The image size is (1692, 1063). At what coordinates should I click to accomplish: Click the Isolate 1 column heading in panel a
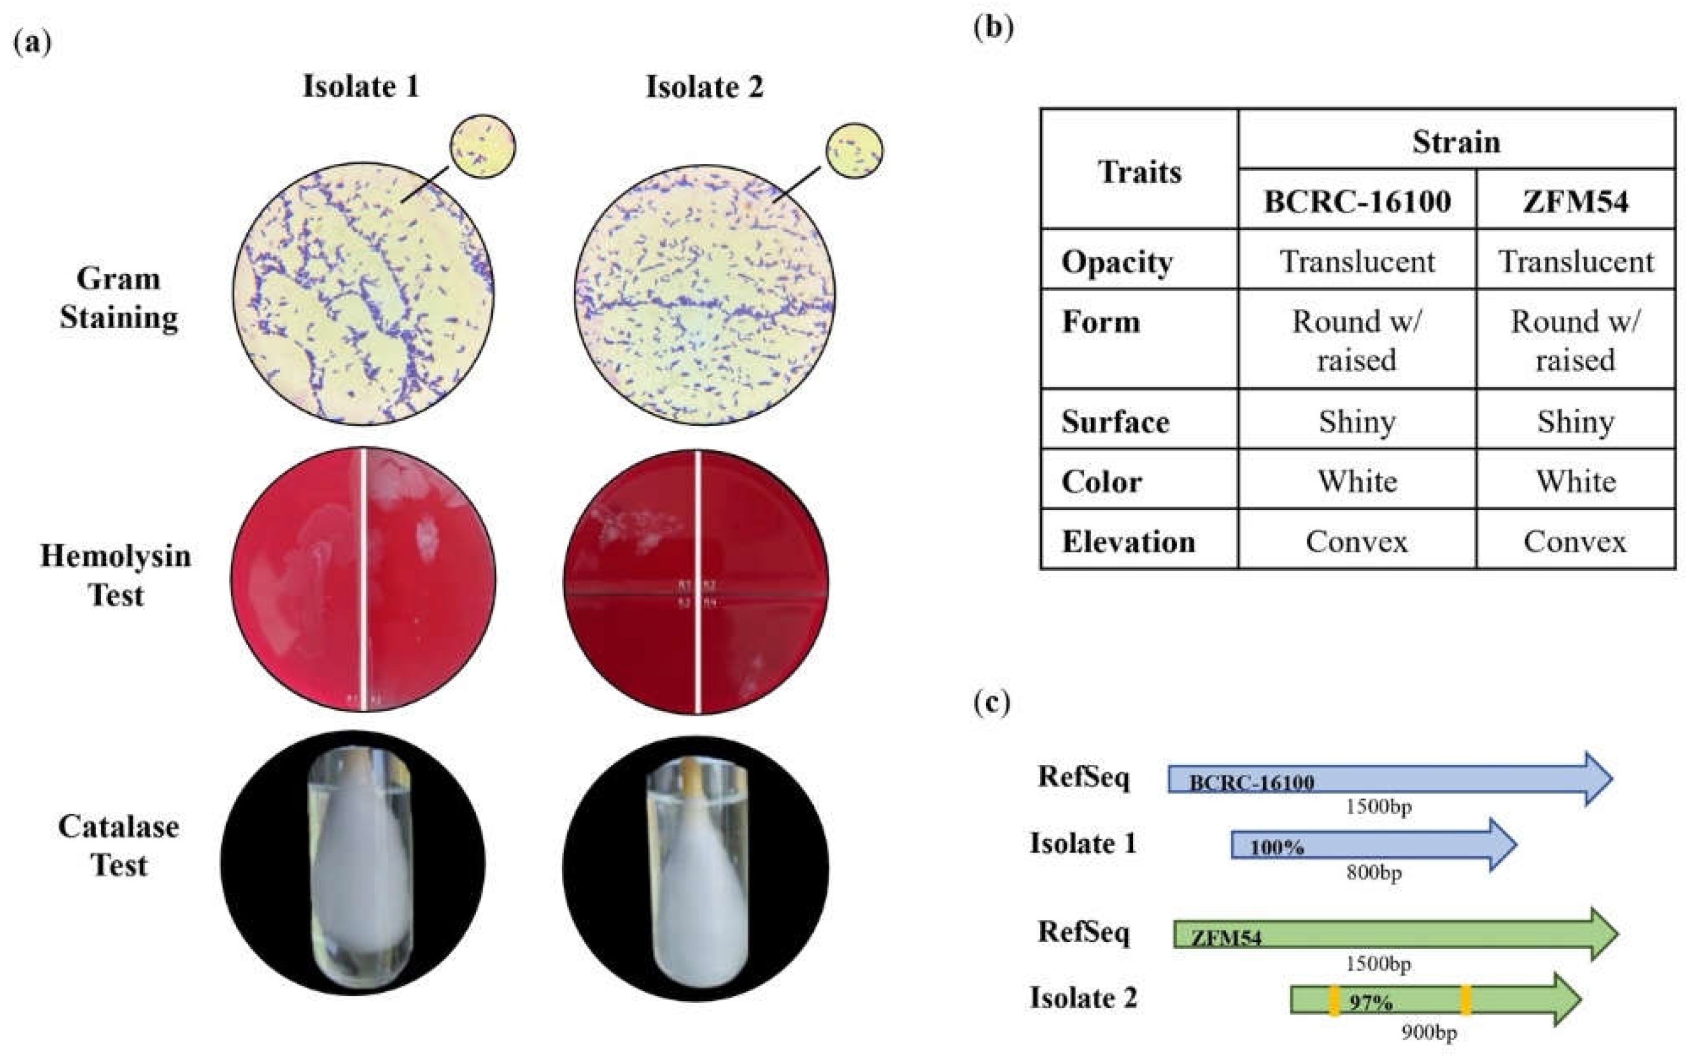(x=361, y=86)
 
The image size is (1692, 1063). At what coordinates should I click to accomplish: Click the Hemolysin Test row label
(x=115, y=575)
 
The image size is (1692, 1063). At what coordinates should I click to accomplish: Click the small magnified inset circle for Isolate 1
(x=483, y=146)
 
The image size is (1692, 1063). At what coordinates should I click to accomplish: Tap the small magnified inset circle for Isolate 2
(x=855, y=151)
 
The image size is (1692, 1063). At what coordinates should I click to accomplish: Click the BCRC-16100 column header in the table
(x=1357, y=201)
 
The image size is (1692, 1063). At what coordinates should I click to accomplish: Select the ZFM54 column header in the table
(x=1575, y=201)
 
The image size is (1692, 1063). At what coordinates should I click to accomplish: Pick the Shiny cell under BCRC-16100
(x=1357, y=421)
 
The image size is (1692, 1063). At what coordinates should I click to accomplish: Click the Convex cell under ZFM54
(x=1575, y=542)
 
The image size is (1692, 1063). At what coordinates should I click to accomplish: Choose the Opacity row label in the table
(x=1116, y=262)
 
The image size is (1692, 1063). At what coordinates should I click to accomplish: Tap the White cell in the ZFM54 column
(x=1575, y=481)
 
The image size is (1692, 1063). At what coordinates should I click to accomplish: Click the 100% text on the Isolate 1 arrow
(x=1276, y=847)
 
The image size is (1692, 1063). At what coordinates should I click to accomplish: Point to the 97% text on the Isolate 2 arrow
(x=1370, y=1003)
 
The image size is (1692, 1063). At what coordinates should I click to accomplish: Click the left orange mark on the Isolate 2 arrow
(x=1333, y=1000)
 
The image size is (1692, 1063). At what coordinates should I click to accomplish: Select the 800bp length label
(x=1373, y=873)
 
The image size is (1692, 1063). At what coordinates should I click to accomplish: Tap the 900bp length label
(x=1429, y=1032)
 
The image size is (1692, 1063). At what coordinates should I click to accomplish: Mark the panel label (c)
(x=992, y=703)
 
